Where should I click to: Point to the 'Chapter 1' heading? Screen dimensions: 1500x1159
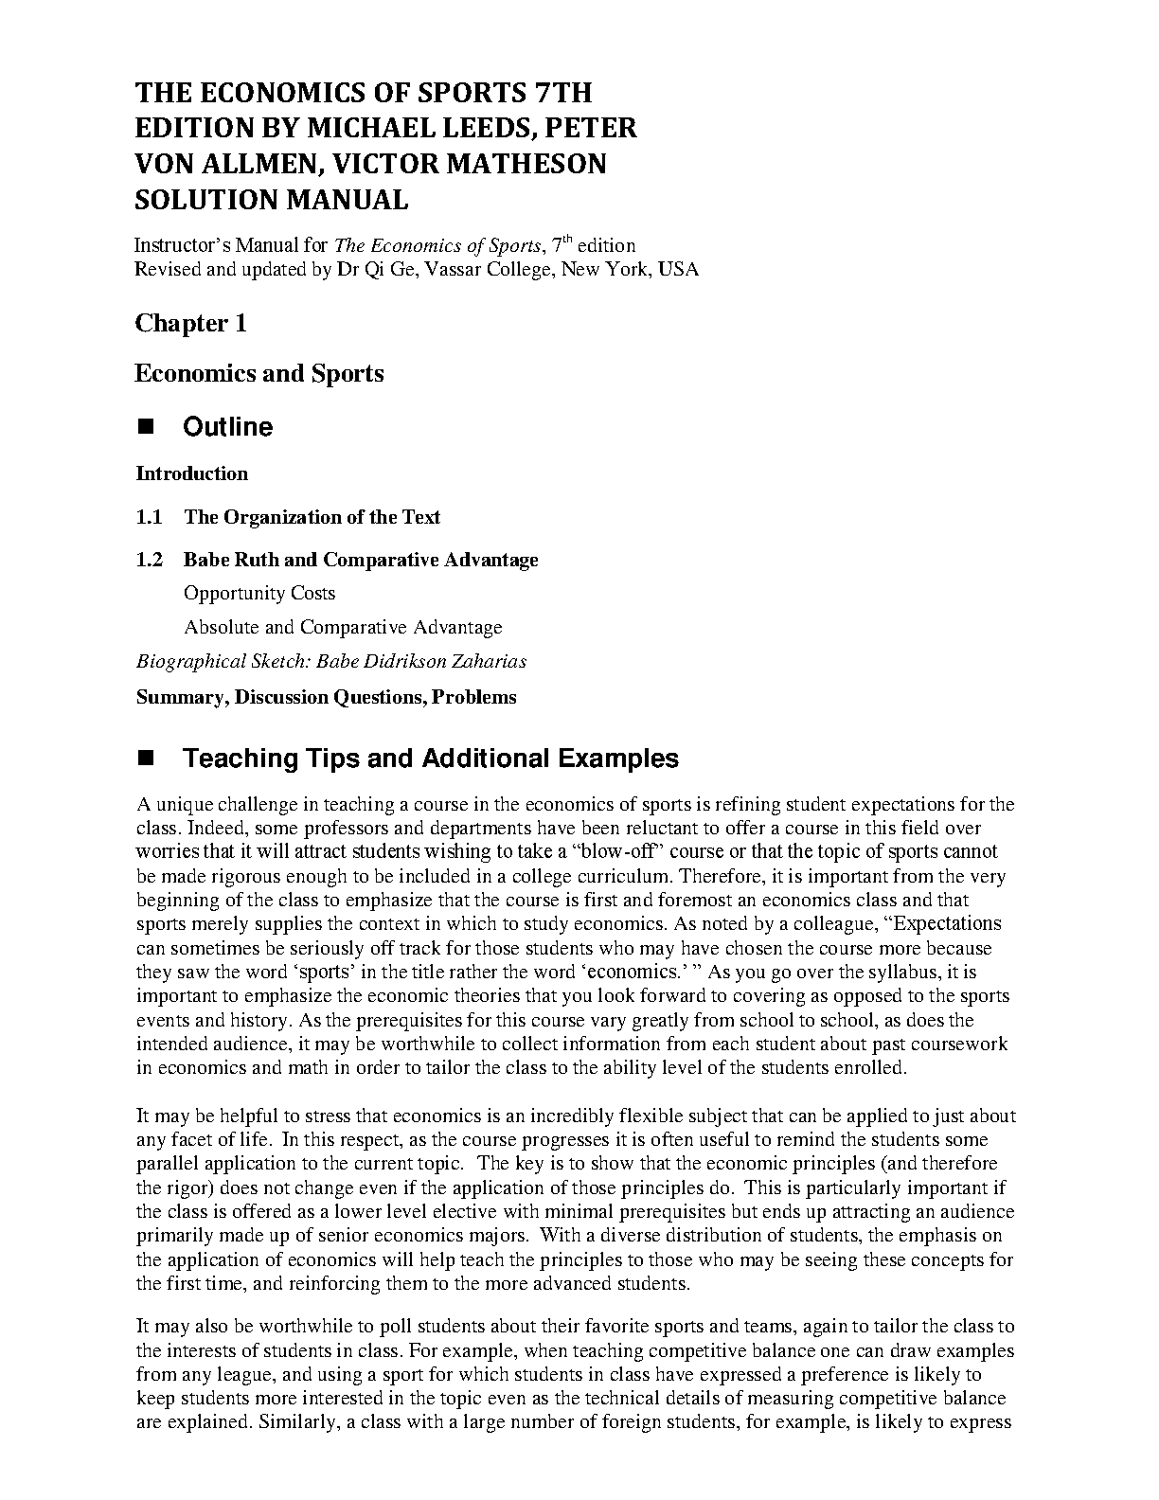pyautogui.click(x=190, y=323)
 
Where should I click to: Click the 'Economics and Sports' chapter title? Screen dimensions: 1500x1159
pyautogui.click(x=259, y=373)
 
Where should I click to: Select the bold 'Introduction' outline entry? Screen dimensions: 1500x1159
pyautogui.click(x=191, y=473)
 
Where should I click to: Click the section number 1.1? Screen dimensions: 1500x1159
pyautogui.click(x=149, y=517)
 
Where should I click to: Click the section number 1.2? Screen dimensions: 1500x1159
pyautogui.click(x=149, y=560)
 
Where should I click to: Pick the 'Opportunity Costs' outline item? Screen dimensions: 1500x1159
pyautogui.click(x=259, y=594)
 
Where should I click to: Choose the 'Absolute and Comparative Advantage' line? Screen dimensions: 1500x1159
pyautogui.click(x=343, y=627)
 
